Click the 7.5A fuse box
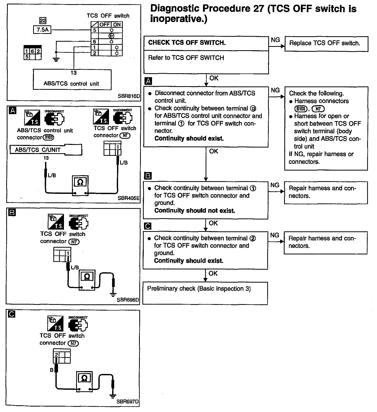click(42, 30)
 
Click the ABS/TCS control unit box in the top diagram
click(72, 79)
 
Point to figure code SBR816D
click(129, 96)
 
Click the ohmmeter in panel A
click(80, 185)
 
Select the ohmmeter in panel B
click(87, 279)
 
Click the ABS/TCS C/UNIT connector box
click(46, 150)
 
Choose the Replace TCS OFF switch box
click(326, 43)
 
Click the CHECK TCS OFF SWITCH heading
click(187, 43)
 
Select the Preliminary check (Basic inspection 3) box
click(205, 293)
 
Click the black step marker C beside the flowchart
click(147, 226)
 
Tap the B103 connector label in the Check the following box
click(301, 109)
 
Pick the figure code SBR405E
click(128, 198)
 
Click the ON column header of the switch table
click(117, 25)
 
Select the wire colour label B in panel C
click(52, 370)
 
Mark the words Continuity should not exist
click(194, 211)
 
